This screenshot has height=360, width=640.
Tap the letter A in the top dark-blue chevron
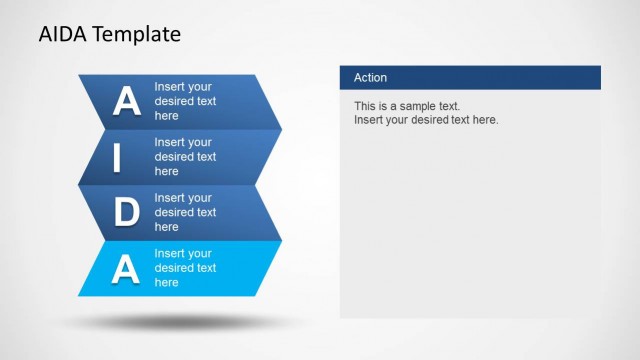tap(126, 101)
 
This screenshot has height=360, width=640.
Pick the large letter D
tap(126, 212)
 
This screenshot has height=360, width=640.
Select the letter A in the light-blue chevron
tap(126, 268)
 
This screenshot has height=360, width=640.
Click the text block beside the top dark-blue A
tap(185, 101)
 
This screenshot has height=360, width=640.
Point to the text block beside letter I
tap(185, 157)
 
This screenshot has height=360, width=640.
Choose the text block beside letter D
tap(185, 212)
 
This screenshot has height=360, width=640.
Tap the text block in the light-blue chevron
tap(185, 268)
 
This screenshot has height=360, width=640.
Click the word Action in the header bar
tap(370, 78)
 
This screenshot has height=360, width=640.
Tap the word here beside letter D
tap(166, 227)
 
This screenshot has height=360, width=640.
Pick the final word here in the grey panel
tap(484, 120)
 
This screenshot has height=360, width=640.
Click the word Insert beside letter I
tap(169, 142)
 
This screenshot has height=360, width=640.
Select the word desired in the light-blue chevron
tap(174, 268)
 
